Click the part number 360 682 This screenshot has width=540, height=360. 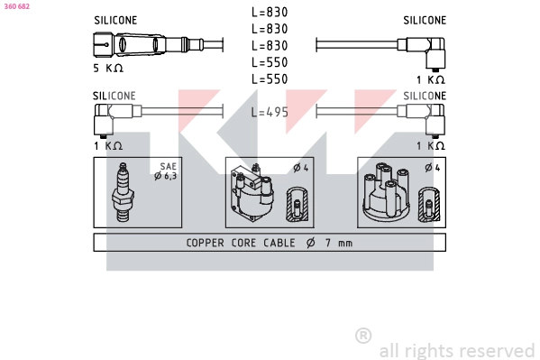[17, 6]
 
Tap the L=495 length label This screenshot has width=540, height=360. [270, 112]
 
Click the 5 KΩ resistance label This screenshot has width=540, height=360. [108, 68]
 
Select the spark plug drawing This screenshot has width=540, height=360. [123, 192]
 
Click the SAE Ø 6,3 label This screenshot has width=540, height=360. [166, 171]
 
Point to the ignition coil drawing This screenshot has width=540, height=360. [252, 192]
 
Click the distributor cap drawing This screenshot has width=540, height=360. [386, 192]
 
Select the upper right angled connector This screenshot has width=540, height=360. [422, 52]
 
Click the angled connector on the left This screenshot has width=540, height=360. [117, 119]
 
